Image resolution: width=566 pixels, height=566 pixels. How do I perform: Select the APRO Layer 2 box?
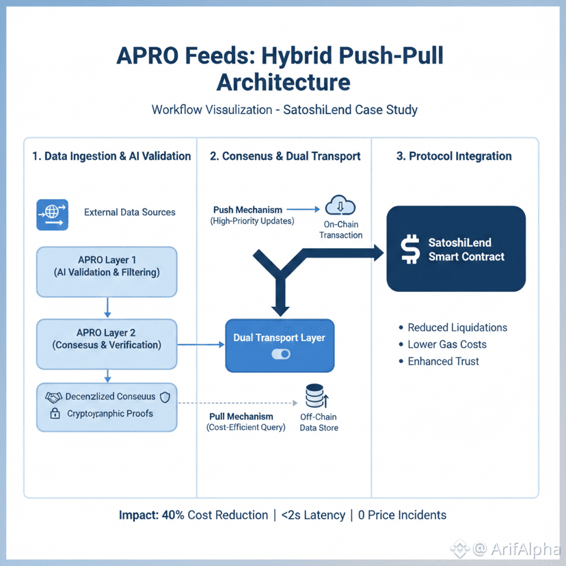click(x=107, y=338)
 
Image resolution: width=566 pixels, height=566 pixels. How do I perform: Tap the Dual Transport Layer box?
click(x=280, y=345)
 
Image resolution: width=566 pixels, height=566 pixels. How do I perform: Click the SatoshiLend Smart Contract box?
click(x=456, y=249)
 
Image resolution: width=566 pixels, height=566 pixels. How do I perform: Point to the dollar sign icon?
click(x=411, y=250)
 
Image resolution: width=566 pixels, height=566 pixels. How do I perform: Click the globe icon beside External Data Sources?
click(x=52, y=213)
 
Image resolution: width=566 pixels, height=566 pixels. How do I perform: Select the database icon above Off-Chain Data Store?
click(x=316, y=396)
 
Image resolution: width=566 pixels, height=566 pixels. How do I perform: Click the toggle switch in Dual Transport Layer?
click(x=280, y=354)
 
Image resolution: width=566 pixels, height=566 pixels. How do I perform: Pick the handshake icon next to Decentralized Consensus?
click(x=53, y=396)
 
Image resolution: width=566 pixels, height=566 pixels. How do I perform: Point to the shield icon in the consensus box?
click(x=164, y=396)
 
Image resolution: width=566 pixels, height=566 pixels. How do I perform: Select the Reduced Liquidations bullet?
click(x=457, y=327)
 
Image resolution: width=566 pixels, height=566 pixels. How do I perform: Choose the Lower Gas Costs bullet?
click(x=447, y=345)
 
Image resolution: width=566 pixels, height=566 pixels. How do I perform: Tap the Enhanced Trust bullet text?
click(x=444, y=361)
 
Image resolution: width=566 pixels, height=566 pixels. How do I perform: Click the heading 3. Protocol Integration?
click(x=454, y=156)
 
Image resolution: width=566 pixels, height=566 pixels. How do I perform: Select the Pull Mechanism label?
click(x=241, y=416)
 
